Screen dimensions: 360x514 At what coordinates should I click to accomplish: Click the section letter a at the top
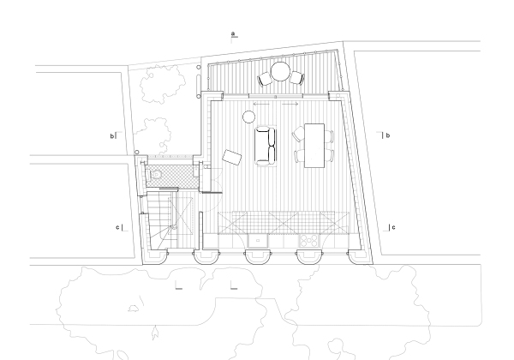233,34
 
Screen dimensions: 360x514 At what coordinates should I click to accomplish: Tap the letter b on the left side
111,135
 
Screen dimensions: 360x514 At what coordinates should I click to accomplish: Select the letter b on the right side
387,135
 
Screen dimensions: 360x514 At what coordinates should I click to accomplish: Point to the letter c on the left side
117,227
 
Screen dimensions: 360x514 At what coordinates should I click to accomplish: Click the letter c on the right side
392,227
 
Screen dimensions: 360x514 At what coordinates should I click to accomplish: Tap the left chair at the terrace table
265,78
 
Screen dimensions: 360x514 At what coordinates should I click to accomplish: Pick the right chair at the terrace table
296,78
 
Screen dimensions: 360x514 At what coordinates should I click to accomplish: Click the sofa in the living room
266,145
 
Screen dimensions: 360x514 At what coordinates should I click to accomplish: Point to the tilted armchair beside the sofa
231,157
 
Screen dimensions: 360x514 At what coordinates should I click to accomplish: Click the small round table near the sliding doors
250,117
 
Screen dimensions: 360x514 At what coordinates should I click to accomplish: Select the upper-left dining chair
298,135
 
